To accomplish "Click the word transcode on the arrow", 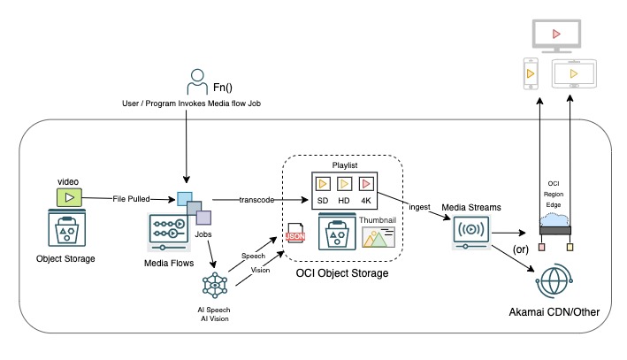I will tap(256, 199).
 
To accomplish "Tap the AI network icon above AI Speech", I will tap(216, 285).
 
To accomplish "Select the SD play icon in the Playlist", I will tap(324, 186).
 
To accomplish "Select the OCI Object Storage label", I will tap(342, 274).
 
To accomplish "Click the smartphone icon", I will tap(531, 76).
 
